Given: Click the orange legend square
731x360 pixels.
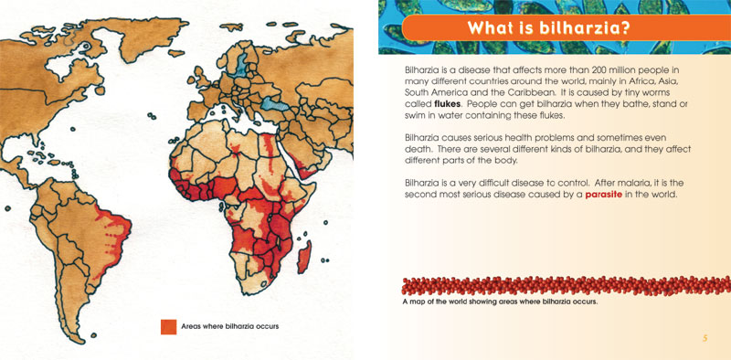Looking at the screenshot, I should point(168,326).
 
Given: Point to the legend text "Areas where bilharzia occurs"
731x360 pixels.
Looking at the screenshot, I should point(229,326).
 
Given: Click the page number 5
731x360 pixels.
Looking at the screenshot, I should point(705,338).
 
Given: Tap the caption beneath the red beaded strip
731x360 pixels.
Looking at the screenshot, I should point(499,302).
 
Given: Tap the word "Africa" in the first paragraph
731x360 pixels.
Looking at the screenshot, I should point(634,81).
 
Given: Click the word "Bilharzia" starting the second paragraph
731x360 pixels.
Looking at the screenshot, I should point(424,138).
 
